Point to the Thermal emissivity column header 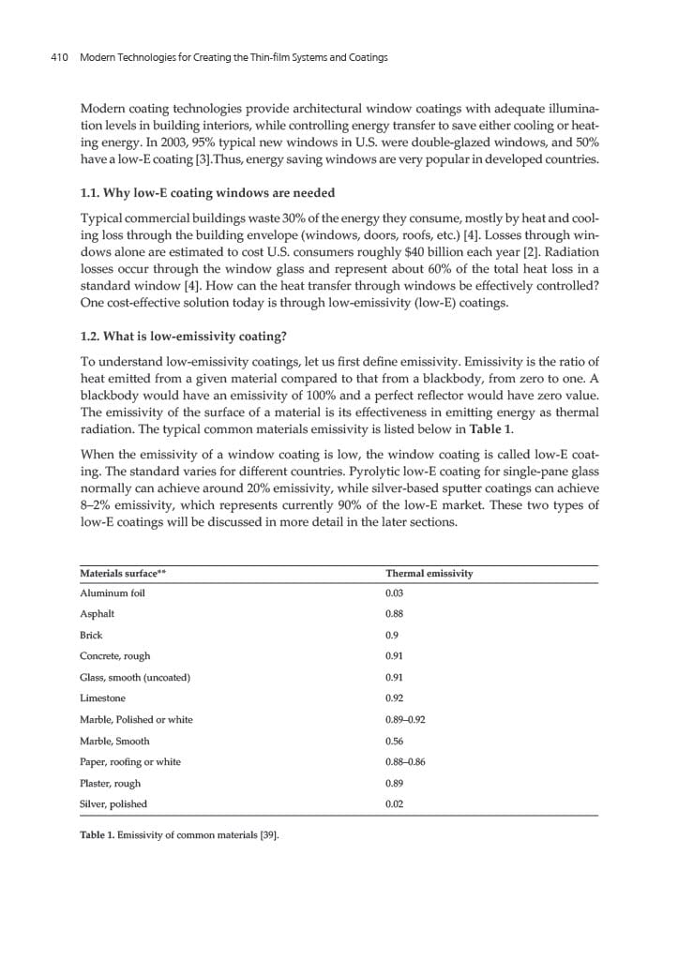[x=429, y=573]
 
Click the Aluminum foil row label [x=113, y=593]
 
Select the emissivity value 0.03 [x=395, y=593]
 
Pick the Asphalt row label [x=98, y=614]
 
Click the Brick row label [x=91, y=635]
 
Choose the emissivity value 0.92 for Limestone [x=395, y=698]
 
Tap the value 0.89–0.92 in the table [x=405, y=719]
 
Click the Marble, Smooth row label [x=114, y=741]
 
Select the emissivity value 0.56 [x=395, y=741]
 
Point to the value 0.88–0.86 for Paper [x=405, y=761]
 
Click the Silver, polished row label [x=113, y=803]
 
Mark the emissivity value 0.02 [x=395, y=803]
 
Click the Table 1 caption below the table [x=179, y=835]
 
